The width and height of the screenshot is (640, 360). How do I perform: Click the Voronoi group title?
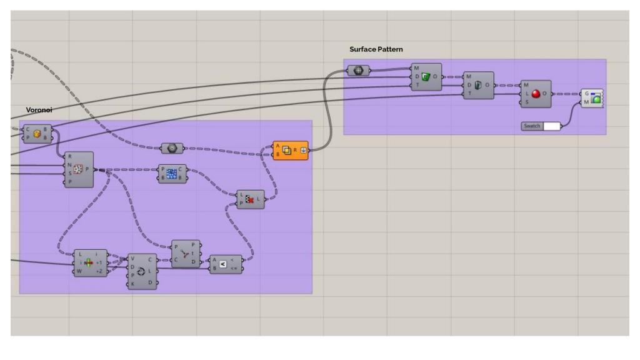coord(39,109)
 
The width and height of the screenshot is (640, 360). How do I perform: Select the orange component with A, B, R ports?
coord(291,150)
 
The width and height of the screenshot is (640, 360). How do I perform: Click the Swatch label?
coord(532,126)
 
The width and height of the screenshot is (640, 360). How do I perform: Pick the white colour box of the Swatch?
coord(551,126)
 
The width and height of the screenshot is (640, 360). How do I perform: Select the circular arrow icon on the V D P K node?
coord(141,272)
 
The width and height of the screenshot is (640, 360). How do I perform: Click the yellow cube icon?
coord(37,134)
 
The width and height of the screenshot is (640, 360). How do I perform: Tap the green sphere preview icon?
coord(597,97)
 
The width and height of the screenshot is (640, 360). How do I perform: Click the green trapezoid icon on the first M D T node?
coord(426,77)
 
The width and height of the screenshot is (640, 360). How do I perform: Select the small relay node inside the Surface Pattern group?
coord(359,70)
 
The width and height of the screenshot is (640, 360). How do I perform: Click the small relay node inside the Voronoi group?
coord(171,149)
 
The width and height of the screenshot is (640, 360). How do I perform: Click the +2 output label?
coord(99,272)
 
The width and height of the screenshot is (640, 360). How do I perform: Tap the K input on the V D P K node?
coord(132,284)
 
